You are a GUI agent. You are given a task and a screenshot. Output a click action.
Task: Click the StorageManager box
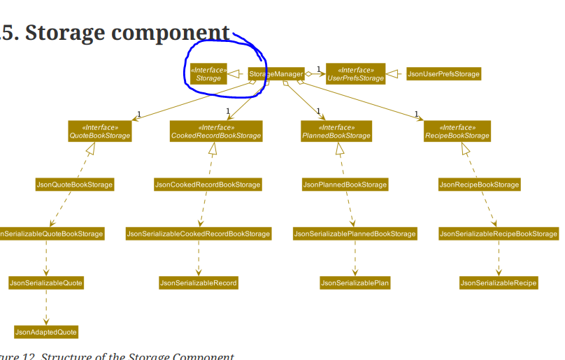(x=276, y=73)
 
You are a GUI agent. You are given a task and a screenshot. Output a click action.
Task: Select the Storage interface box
(x=208, y=74)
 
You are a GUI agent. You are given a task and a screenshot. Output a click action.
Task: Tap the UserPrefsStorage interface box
(x=355, y=74)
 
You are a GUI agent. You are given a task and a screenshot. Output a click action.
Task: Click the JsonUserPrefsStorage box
(x=443, y=73)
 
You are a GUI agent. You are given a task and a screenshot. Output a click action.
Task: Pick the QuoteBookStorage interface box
(x=100, y=131)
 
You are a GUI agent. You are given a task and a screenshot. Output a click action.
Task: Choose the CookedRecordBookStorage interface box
(x=217, y=131)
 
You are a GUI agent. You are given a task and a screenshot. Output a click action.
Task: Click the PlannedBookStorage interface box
(x=336, y=131)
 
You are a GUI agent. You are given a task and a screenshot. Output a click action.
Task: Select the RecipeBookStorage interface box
(x=457, y=131)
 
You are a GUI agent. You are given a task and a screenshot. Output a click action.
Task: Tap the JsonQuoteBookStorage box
(x=75, y=185)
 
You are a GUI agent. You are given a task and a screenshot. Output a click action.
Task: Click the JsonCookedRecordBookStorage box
(x=208, y=185)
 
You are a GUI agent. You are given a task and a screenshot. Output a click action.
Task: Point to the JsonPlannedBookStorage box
(x=345, y=185)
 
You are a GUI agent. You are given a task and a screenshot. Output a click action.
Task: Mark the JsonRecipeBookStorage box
(x=480, y=185)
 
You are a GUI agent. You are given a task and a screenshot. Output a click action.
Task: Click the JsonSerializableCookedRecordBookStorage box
(x=198, y=233)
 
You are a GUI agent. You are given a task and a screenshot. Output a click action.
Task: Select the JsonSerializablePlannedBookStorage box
(x=355, y=233)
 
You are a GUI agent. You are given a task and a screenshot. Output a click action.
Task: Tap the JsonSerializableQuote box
(x=46, y=282)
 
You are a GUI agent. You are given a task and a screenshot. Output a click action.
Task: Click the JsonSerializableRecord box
(x=198, y=282)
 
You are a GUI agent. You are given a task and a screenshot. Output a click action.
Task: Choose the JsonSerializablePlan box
(x=355, y=282)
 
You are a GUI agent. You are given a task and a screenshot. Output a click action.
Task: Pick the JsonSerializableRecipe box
(x=499, y=282)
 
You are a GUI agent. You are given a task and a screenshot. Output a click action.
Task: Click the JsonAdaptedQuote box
(x=46, y=331)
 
